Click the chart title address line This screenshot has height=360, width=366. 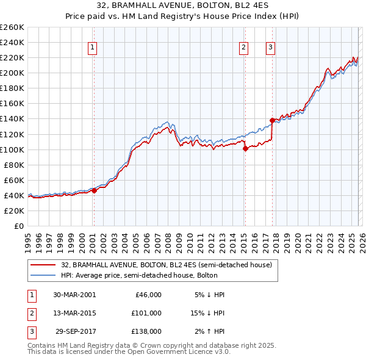tap(182, 5)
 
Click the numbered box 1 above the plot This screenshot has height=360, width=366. tap(92, 48)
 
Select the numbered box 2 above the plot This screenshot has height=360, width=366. tap(243, 48)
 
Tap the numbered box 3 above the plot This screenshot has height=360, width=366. tap(270, 48)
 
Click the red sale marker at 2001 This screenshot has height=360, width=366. tap(95, 190)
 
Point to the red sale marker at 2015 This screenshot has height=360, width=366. tap(245, 148)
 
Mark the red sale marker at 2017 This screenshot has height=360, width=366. tap(272, 120)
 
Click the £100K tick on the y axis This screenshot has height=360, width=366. tap(12, 149)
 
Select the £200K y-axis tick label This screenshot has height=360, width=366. tap(12, 73)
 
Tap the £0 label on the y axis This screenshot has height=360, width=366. tap(19, 226)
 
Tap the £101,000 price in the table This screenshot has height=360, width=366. tap(146, 313)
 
